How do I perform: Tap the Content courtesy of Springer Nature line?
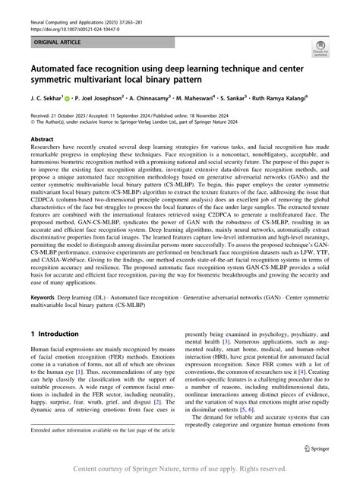click(180, 468)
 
